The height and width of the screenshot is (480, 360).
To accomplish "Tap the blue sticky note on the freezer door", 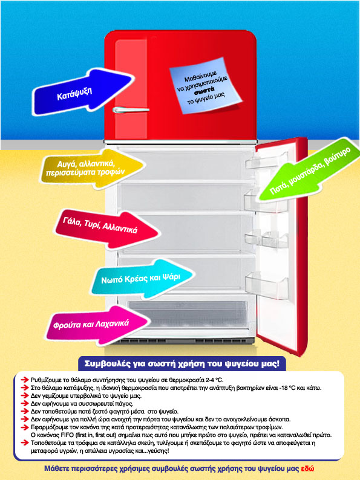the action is pos(205,85).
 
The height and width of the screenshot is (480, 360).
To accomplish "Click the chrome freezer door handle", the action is pos(131,109).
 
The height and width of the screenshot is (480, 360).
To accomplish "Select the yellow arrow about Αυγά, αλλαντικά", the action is pos(91,169).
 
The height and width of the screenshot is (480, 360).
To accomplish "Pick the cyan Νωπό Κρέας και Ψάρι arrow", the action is pos(142,279).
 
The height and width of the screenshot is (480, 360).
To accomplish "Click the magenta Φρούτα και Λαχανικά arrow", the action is pos(97,325).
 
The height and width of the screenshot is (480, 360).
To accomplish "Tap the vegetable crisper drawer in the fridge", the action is pos(188,315).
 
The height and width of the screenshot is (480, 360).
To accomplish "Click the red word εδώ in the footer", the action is pos(307,469).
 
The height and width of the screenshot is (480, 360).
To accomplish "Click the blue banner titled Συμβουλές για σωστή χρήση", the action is pos(182,364).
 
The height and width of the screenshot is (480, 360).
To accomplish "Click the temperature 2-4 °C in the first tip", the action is pos(215,380).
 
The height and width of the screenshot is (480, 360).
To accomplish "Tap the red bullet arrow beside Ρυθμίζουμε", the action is pos(25,380).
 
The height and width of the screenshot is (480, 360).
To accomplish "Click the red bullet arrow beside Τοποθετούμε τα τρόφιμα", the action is pos(25,443).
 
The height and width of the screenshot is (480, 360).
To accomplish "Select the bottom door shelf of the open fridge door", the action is pos(267,285).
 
